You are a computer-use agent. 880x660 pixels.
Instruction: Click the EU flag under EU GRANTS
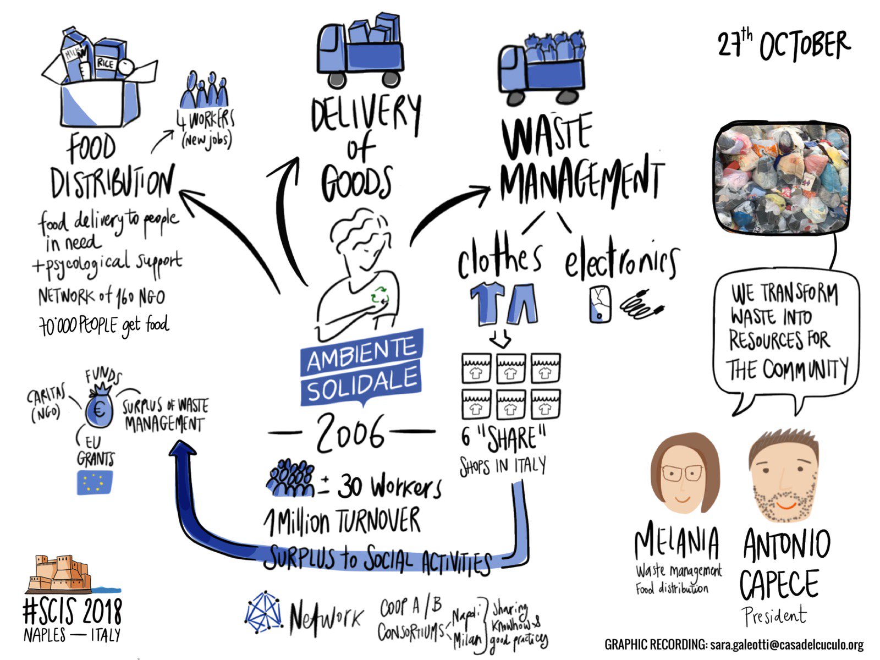tap(95, 482)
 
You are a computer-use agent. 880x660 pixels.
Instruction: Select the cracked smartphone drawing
tap(599, 304)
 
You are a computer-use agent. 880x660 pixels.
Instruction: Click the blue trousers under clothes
tap(522, 303)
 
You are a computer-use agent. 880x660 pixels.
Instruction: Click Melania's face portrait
tap(683, 474)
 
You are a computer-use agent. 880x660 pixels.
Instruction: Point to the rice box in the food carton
tap(105, 62)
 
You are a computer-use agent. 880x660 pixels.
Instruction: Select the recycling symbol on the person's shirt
tap(380, 295)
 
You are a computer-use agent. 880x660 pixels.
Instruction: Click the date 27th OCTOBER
tap(783, 45)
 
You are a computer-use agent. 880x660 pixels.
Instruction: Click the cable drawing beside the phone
tap(641, 305)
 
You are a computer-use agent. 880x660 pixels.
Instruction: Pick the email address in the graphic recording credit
tap(787, 645)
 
